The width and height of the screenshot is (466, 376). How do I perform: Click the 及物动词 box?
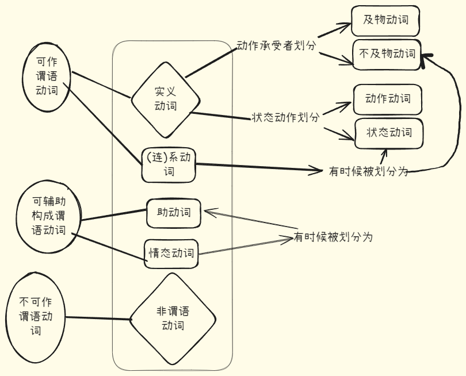click(385, 20)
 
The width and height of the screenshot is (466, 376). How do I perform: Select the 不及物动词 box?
click(387, 55)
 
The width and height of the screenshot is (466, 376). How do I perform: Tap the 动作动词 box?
click(387, 99)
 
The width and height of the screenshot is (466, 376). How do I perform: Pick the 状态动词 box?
click(389, 133)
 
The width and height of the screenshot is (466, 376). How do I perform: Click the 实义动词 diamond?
click(165, 99)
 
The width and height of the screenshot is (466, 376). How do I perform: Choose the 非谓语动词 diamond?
click(173, 319)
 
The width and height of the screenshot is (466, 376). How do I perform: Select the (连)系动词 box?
click(169, 164)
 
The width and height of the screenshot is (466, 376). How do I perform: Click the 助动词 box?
click(174, 213)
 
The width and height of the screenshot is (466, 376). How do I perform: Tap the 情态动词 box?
click(171, 253)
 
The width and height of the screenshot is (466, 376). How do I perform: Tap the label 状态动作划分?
click(285, 117)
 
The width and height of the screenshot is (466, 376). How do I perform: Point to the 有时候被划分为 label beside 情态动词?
click(333, 237)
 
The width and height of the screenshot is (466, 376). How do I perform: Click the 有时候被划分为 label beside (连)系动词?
click(368, 171)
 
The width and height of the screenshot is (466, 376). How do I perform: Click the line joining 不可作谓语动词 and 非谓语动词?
click(98, 319)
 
